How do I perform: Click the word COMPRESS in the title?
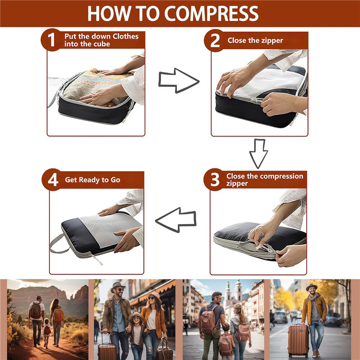(211, 13)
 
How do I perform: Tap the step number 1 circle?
(52, 40)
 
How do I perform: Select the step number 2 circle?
(215, 40)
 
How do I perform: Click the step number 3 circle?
(215, 180)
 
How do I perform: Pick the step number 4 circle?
(53, 180)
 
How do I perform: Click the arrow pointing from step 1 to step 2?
(179, 81)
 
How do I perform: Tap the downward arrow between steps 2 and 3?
(258, 153)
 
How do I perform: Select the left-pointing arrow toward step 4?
(175, 220)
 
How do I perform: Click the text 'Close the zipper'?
(255, 40)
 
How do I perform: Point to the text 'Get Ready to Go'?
(93, 180)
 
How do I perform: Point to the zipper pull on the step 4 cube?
(96, 259)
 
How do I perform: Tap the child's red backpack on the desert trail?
(48, 330)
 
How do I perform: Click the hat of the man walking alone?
(311, 287)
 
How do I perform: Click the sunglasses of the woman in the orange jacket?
(151, 298)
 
